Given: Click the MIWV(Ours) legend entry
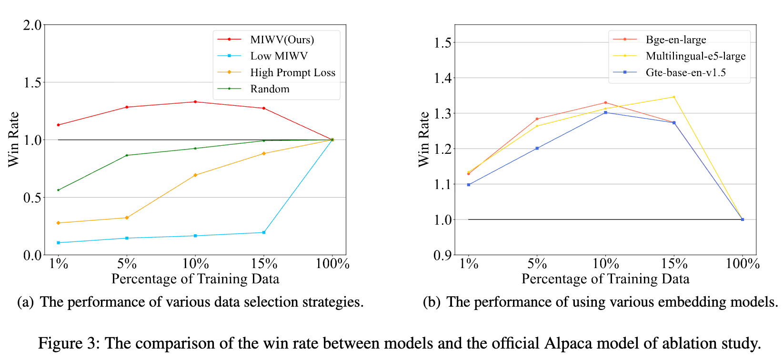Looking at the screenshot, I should pos(282,40).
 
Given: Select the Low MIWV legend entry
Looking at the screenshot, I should pos(279,56).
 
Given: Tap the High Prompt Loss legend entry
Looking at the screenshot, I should pos(292,72).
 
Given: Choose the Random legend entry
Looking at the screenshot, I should pos(270,89).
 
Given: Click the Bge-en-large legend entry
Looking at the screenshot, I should pos(675,40).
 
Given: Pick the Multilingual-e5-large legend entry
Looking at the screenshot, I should pos(695,56).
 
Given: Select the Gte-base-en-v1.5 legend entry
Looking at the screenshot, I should pos(685,72).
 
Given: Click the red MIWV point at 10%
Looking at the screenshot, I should pos(195,102).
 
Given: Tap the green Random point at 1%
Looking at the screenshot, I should pos(59,190).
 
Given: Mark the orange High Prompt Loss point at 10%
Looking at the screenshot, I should pos(195,175).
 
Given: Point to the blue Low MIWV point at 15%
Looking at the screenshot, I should pos(264,232).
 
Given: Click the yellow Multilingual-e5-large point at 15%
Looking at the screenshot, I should pos(674,97).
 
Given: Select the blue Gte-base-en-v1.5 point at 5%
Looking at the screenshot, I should pos(537,148).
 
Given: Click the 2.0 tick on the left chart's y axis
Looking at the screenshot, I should pos(32,25).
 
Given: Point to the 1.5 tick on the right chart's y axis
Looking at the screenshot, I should pos(442,43).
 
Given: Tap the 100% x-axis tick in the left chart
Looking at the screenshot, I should pos(332,264).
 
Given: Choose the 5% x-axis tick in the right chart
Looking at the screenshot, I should pos(537,264).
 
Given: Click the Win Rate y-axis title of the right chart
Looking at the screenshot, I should pos(423,140).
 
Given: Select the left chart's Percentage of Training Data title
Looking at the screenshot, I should pos(195,279).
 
